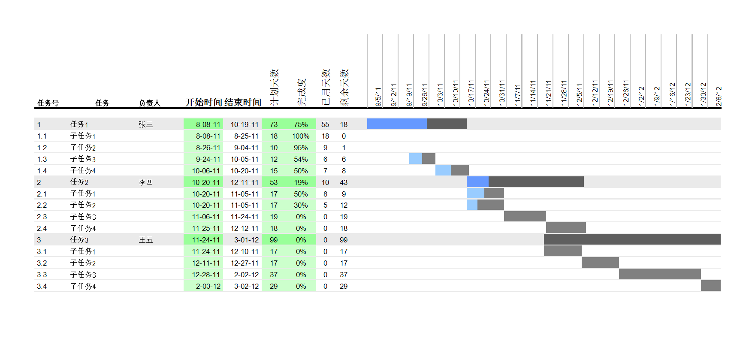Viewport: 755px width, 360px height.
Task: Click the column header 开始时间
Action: pyautogui.click(x=203, y=102)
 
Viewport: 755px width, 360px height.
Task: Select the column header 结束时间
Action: pyautogui.click(x=243, y=102)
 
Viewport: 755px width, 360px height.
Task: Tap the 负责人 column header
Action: pyautogui.click(x=149, y=103)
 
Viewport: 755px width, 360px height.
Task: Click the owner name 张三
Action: pyautogui.click(x=146, y=124)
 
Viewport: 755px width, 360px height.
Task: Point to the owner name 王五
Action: pyautogui.click(x=146, y=240)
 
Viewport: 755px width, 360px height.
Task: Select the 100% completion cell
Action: pyautogui.click(x=301, y=136)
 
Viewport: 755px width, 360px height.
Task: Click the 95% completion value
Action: pyautogui.click(x=301, y=148)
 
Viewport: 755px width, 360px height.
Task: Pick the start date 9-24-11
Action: pyautogui.click(x=208, y=159)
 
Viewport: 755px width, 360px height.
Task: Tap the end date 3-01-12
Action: pyautogui.click(x=246, y=240)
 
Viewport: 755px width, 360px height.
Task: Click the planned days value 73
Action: pyautogui.click(x=274, y=124)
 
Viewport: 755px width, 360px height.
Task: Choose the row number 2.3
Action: pyautogui.click(x=42, y=217)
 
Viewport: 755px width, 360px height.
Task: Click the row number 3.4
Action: pyautogui.click(x=42, y=286)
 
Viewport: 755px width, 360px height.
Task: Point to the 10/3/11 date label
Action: pyautogui.click(x=440, y=95)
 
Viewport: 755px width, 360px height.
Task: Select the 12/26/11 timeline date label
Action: pyautogui.click(x=626, y=93)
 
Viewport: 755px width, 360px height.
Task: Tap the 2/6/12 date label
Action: pyautogui.click(x=719, y=96)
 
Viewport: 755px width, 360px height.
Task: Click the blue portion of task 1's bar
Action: pyautogui.click(x=397, y=124)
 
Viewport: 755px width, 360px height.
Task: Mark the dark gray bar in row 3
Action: pyautogui.click(x=632, y=239)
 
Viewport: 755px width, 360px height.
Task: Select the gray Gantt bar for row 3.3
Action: pyautogui.click(x=660, y=274)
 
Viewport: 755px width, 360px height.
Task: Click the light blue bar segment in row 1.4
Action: pyautogui.click(x=443, y=170)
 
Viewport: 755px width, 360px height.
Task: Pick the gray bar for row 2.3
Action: pyautogui.click(x=525, y=216)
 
